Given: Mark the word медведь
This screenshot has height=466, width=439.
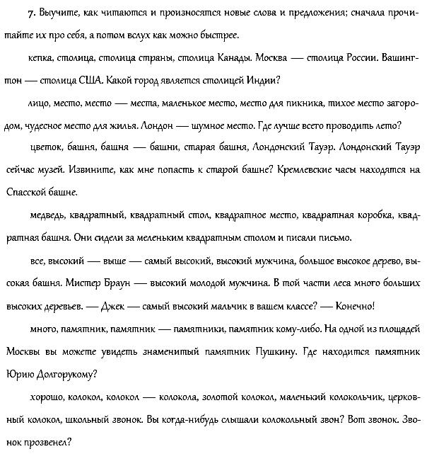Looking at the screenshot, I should point(49,215).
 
